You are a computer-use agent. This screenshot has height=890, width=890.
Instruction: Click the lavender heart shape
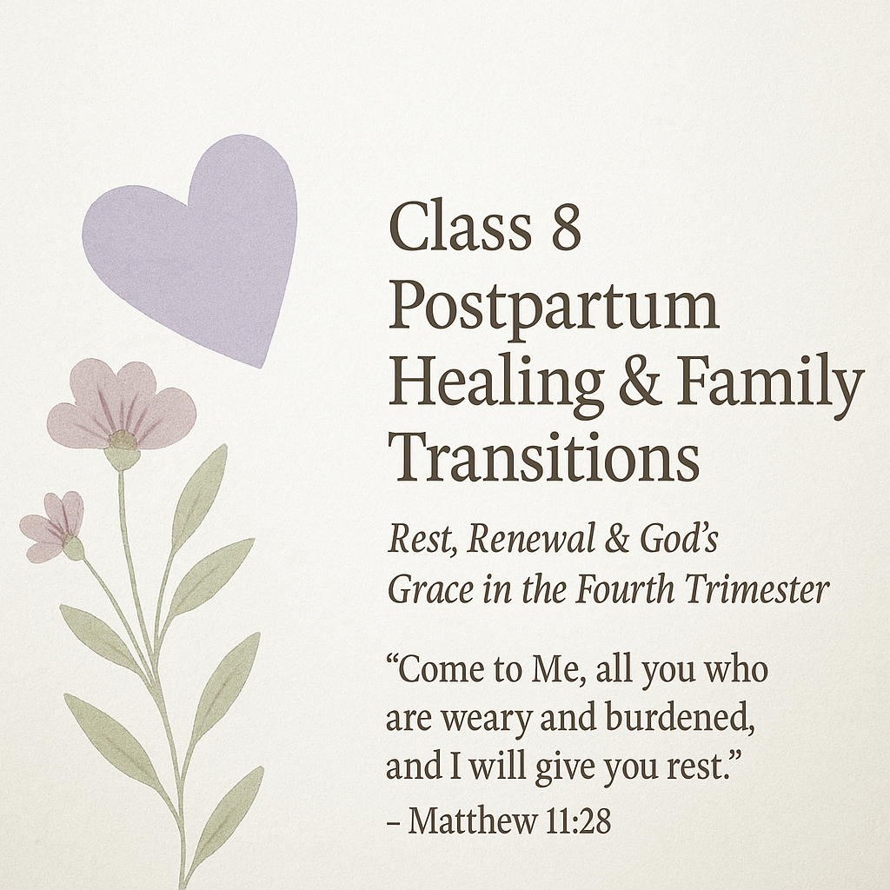pos(196,243)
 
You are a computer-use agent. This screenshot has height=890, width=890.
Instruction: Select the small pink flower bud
pos(55,525)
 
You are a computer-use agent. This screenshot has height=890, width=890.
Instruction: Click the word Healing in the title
pos(495,382)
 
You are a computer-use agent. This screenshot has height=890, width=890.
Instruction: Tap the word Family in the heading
pos(768,382)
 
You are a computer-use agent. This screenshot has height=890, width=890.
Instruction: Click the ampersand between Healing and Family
pos(640,382)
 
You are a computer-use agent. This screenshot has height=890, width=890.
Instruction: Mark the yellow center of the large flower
pos(122,439)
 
